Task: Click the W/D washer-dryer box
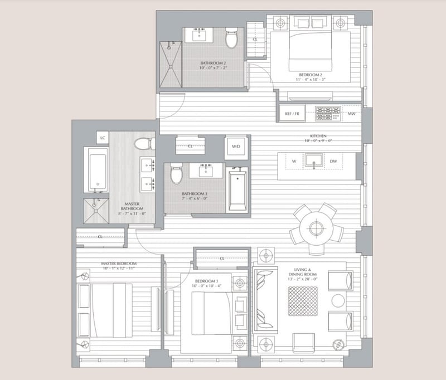[236, 147]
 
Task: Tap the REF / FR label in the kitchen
[293, 114]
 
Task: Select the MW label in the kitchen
[352, 114]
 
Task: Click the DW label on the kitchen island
[333, 162]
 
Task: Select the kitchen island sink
[313, 162]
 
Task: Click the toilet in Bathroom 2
[231, 39]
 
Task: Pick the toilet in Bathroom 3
[176, 174]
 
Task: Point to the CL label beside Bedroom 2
[255, 40]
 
